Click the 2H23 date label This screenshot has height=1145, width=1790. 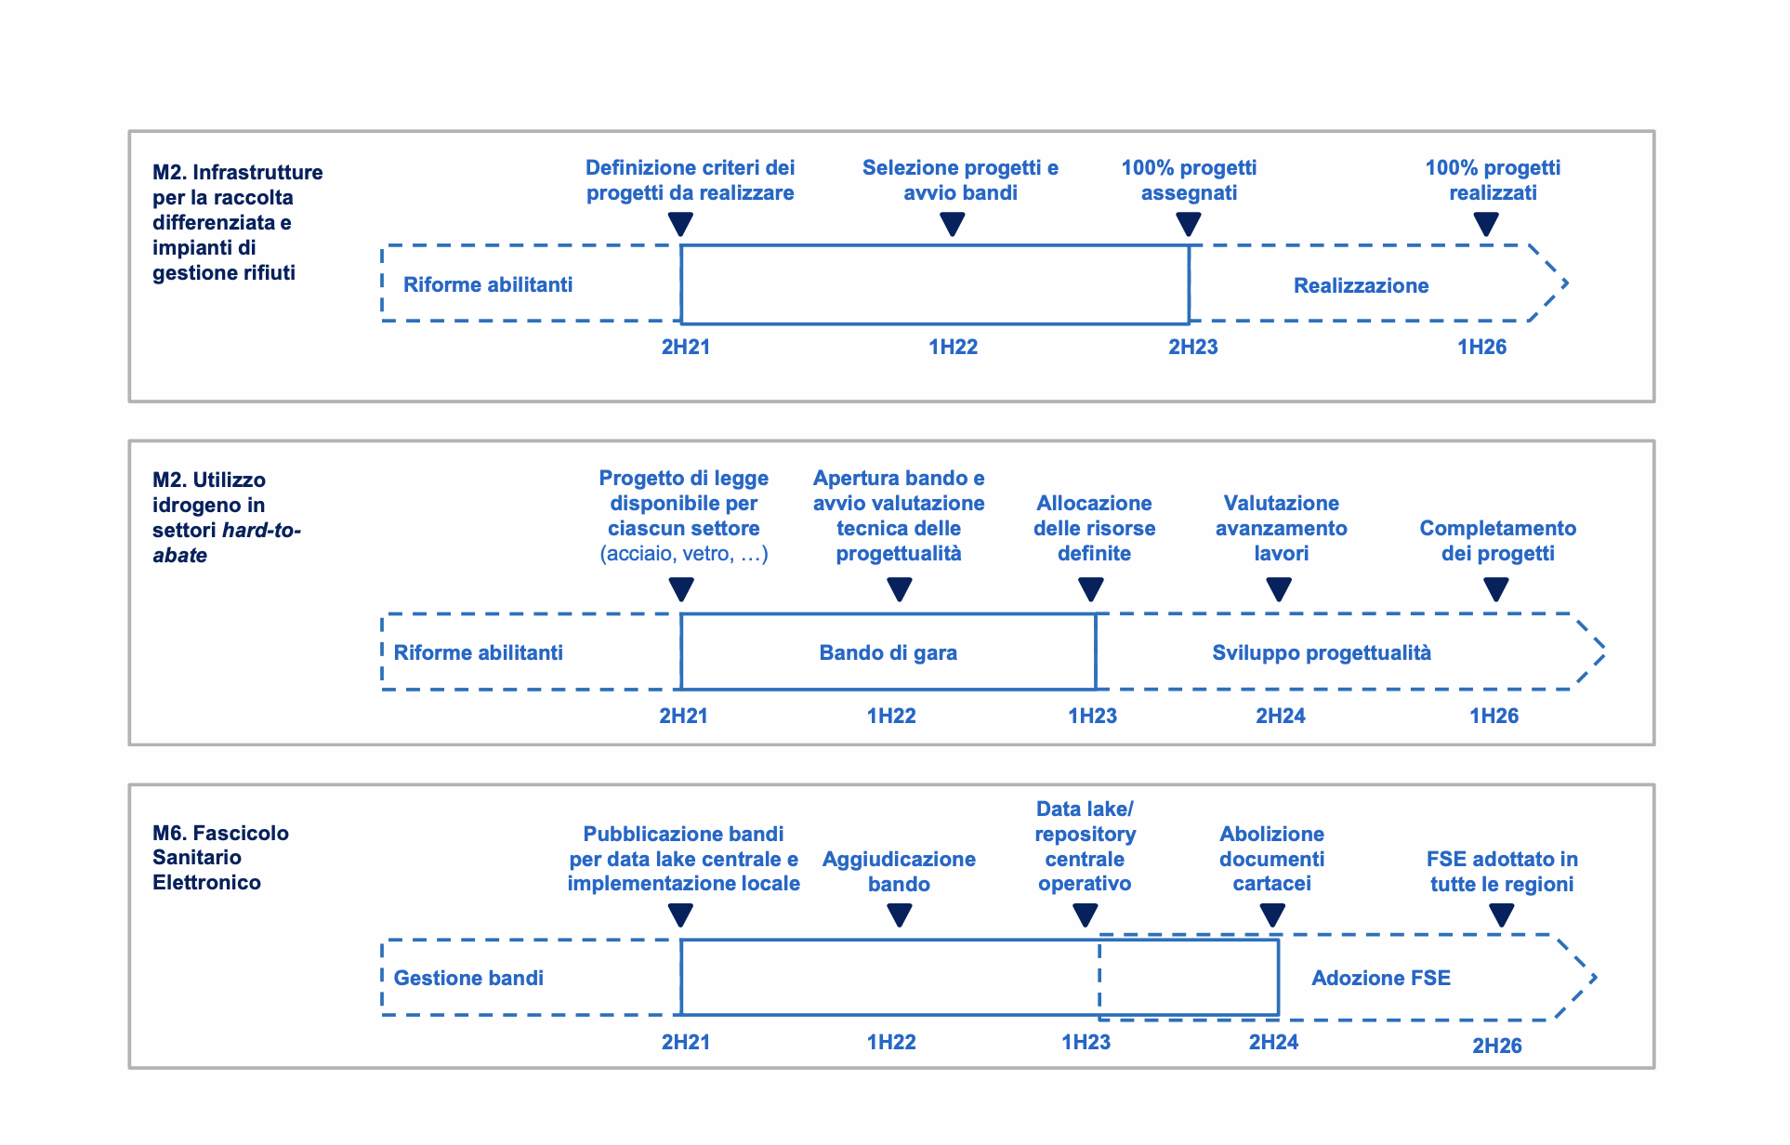tap(1192, 347)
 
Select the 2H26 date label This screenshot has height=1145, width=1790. tap(1496, 1046)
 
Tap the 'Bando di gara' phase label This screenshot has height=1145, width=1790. tap(888, 652)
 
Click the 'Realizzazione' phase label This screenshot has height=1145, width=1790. tap(1361, 285)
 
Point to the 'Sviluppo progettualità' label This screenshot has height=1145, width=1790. tap(1321, 652)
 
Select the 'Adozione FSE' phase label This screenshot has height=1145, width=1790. tap(1380, 978)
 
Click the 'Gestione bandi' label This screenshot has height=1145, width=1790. tap(468, 978)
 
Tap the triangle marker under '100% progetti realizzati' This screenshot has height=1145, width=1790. tap(1486, 224)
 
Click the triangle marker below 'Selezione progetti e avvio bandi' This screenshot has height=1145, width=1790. tap(953, 224)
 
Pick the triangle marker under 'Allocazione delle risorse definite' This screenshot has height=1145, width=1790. tap(1091, 589)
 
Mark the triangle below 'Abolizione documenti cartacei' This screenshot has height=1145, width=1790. tap(1272, 915)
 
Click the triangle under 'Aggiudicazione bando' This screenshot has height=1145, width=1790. tap(900, 915)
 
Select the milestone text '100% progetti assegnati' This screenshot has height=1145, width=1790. tap(1189, 180)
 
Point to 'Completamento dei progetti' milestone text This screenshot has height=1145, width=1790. tap(1497, 541)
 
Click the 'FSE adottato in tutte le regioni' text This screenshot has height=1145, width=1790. tap(1502, 872)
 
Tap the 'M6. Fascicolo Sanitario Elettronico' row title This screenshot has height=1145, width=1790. tap(220, 857)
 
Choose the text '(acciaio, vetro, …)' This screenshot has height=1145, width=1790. tap(684, 554)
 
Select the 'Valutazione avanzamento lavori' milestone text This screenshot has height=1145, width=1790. tap(1281, 528)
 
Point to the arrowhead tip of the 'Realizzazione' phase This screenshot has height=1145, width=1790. tap(1568, 283)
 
